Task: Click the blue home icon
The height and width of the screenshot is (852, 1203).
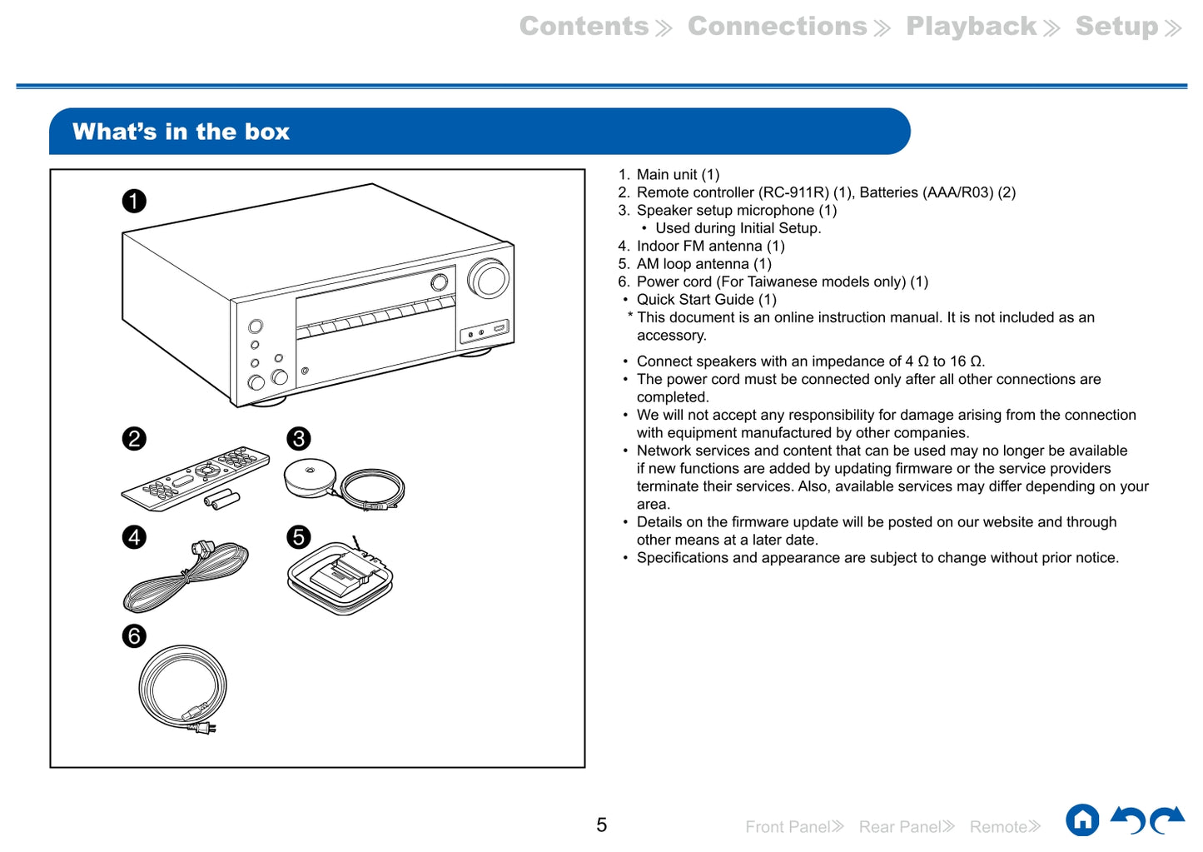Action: pos(1082,820)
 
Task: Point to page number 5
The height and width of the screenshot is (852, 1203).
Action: pos(601,825)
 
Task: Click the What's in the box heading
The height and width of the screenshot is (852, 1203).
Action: pos(181,132)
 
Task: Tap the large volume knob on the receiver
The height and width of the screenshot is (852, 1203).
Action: pos(489,278)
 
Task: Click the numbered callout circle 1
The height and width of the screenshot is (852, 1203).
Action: pos(134,201)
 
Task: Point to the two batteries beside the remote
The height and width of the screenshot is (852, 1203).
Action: pos(222,499)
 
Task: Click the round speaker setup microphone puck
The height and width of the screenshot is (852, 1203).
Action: pos(309,478)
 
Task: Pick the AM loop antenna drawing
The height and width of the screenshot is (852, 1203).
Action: pos(340,576)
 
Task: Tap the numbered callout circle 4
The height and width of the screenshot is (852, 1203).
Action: pos(134,537)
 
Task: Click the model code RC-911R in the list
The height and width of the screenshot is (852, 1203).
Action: pos(793,192)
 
